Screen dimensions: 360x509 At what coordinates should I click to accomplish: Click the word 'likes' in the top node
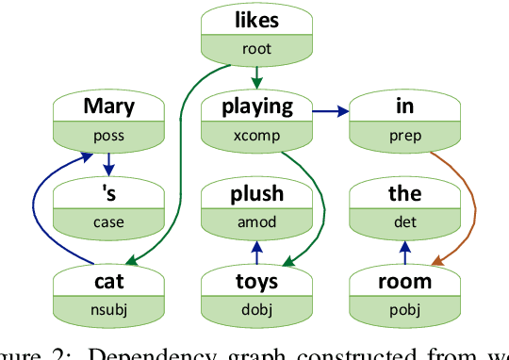point(256,20)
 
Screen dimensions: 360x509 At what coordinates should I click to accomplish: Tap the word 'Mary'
point(108,106)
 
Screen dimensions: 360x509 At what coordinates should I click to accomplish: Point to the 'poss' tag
point(108,135)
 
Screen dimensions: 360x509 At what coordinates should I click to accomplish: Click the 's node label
point(108,194)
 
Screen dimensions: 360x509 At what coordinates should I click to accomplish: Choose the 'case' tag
point(108,223)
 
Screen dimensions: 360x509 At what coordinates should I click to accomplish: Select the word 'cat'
point(108,281)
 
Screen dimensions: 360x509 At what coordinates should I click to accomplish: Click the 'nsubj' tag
point(108,310)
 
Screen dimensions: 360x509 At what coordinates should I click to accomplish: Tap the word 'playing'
point(256,106)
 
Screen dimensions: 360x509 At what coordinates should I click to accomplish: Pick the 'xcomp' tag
point(256,135)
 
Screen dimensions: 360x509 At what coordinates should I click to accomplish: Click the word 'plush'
point(256,194)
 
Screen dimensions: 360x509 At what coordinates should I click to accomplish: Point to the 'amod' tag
point(256,223)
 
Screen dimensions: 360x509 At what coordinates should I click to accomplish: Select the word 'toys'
point(256,281)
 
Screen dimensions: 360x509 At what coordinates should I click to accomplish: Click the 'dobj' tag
point(256,310)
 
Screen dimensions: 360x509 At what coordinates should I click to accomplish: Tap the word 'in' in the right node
point(404,106)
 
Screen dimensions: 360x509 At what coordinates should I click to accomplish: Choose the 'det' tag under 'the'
point(404,223)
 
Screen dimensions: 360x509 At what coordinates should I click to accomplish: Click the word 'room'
point(404,281)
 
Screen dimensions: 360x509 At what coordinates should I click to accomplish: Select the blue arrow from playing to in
point(330,112)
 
